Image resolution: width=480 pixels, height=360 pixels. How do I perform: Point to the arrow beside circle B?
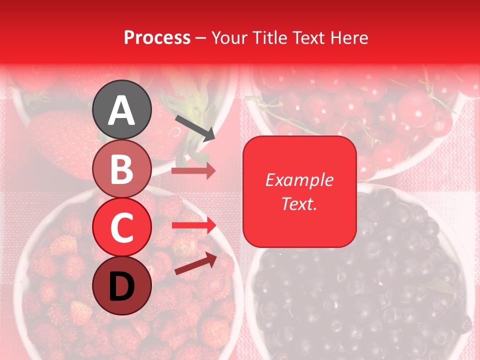click(x=193, y=171)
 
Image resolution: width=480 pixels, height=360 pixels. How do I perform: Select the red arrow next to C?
click(x=193, y=225)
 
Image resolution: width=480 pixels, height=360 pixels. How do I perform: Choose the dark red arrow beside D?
click(x=195, y=263)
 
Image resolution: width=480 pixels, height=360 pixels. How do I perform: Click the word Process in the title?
click(x=157, y=37)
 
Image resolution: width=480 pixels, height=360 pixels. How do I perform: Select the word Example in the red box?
click(x=299, y=180)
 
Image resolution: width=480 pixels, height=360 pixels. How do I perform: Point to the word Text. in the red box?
click(x=299, y=204)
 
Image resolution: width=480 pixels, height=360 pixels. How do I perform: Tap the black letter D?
click(x=121, y=286)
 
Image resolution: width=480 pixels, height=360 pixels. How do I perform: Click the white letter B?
click(x=121, y=169)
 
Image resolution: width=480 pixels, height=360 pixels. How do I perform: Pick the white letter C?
click(x=121, y=227)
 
